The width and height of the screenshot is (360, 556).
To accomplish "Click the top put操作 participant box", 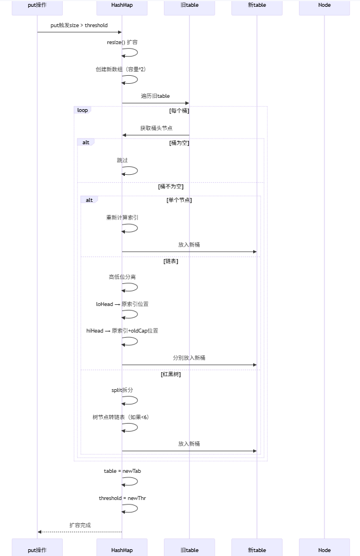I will tap(37, 6).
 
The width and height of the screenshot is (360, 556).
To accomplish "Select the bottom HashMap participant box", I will tap(122, 549).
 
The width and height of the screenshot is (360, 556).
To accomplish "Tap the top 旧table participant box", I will tap(189, 6).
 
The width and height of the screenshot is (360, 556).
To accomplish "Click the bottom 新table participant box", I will tap(257, 549).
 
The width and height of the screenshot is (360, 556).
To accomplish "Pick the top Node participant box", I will tap(324, 6).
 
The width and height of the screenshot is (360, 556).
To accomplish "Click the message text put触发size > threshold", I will tap(79, 25).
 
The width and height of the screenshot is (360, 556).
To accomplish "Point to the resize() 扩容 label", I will tap(122, 42).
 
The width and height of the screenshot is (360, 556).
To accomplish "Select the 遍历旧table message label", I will tap(155, 96).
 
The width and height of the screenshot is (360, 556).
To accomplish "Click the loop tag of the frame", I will tap(83, 110).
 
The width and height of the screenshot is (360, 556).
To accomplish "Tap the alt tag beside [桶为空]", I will tap(86, 143).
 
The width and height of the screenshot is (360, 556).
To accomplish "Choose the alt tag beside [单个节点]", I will tap(89, 200).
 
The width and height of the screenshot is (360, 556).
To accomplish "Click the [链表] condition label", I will tap(171, 261).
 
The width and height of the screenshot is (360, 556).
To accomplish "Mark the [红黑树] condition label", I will tap(171, 374).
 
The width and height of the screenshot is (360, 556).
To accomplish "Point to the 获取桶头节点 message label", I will tap(157, 128).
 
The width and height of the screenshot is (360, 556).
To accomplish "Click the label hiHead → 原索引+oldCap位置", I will tap(122, 331).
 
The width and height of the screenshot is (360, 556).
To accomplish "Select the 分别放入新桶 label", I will tap(189, 358).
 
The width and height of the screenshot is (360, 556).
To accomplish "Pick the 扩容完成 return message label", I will tap(80, 525).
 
